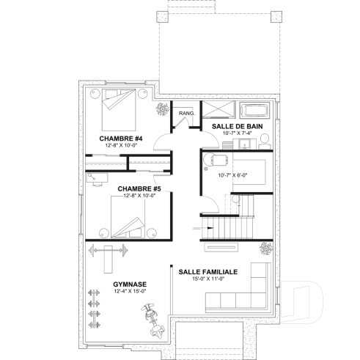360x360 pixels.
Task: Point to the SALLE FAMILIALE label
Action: [207, 271]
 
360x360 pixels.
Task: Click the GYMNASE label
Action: [130, 284]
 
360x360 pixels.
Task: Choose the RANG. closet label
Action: [185, 114]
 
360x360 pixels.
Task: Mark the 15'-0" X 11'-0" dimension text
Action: [207, 279]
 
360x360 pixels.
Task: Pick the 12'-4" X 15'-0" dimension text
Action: [130, 292]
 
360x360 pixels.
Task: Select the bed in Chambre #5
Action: [130, 219]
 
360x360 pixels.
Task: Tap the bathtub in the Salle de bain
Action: [256, 111]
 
